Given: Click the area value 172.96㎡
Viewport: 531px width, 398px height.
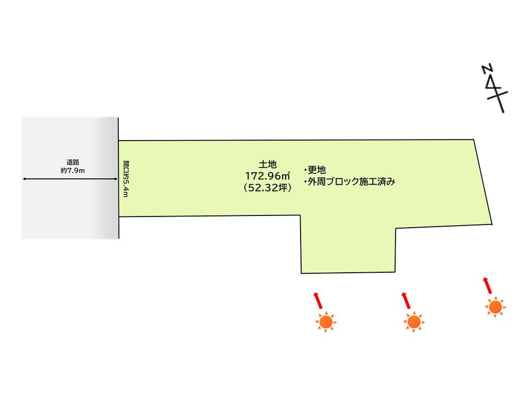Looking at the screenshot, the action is tap(267, 176).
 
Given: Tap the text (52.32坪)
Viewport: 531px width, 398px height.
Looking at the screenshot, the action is tap(267, 187).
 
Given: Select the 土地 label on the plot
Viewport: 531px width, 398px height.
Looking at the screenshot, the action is tap(267, 165).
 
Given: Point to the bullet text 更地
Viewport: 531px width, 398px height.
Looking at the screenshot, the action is tap(315, 170).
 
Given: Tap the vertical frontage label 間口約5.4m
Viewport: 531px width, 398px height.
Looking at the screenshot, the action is tap(126, 178).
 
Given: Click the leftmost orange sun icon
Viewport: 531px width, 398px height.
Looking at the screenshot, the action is tap(326, 322).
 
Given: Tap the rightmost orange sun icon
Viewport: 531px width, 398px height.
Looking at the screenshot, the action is tap(495, 307).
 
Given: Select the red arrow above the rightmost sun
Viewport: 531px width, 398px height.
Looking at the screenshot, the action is tap(486, 285).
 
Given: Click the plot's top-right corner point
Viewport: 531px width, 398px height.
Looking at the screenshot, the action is tap(474, 139).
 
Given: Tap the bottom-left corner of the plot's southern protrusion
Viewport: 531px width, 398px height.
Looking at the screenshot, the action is tap(301, 273).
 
